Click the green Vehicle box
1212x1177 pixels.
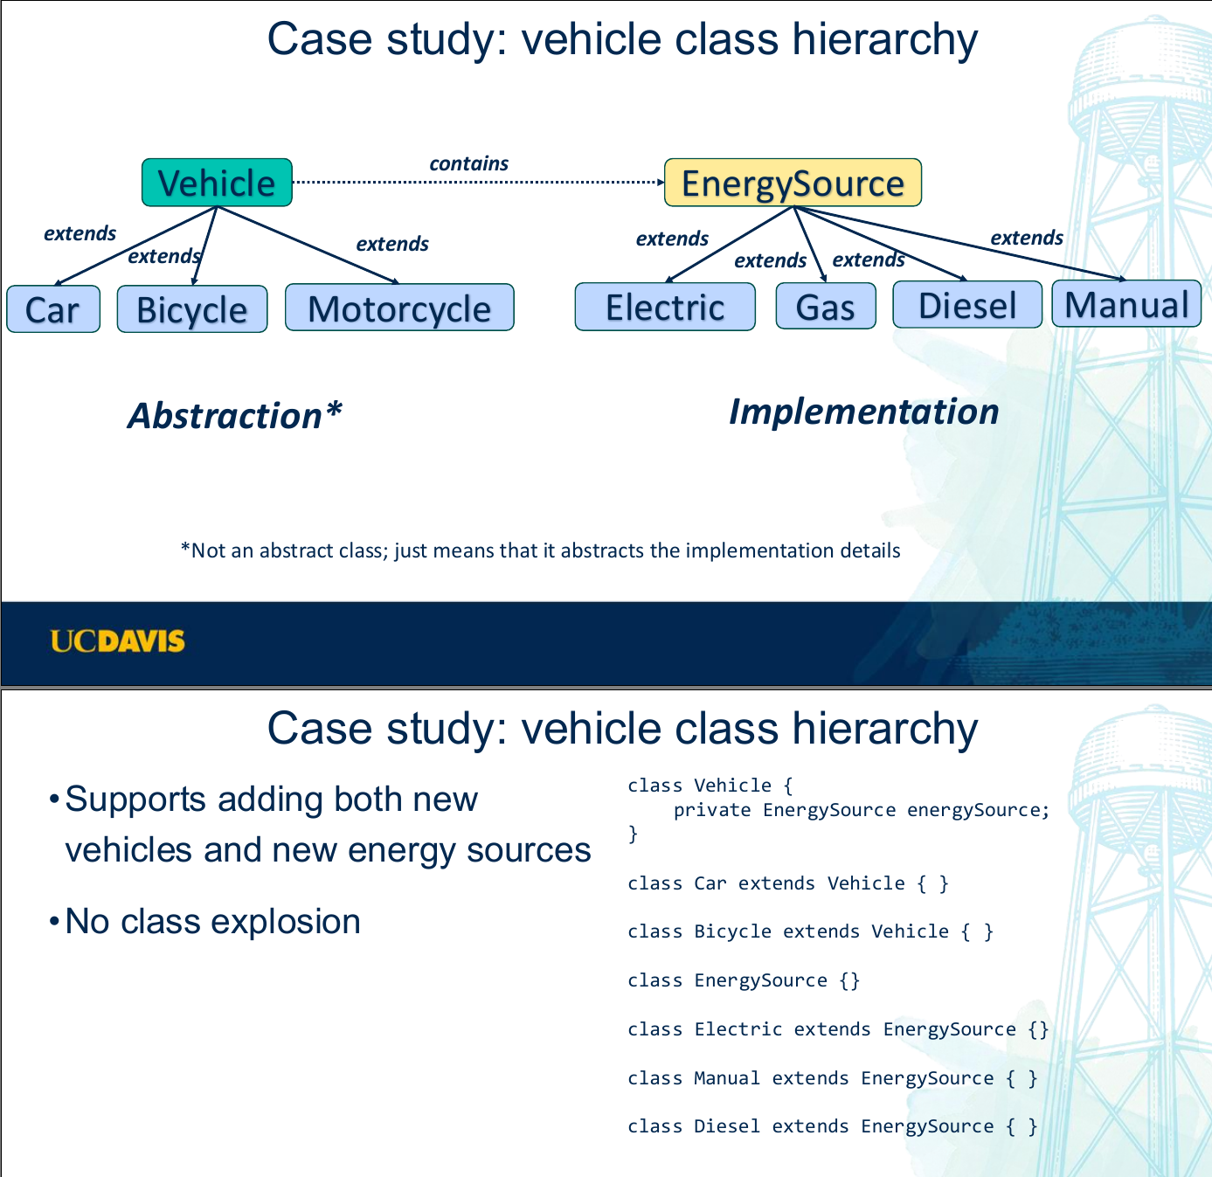pos(217,183)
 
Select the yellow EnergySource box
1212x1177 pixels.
pos(793,183)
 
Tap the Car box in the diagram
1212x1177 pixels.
pos(53,309)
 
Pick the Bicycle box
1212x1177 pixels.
pos(192,309)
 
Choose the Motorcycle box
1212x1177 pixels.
pos(399,308)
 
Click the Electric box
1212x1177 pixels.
pos(665,307)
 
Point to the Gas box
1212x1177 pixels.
pos(826,306)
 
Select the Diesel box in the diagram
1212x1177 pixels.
pos(967,305)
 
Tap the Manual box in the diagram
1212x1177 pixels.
pos(1126,304)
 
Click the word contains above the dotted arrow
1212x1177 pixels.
pos(469,163)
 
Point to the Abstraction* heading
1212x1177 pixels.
pos(235,415)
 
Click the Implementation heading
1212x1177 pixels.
pos(863,412)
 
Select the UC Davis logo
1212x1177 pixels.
pos(118,641)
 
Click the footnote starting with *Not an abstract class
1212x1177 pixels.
pos(540,550)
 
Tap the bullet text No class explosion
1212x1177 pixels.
pos(212,921)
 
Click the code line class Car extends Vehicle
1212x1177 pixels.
pos(787,883)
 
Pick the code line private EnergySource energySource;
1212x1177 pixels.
pos(861,810)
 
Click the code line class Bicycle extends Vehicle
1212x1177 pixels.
pos(810,931)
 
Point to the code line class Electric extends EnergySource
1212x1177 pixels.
pos(837,1029)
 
